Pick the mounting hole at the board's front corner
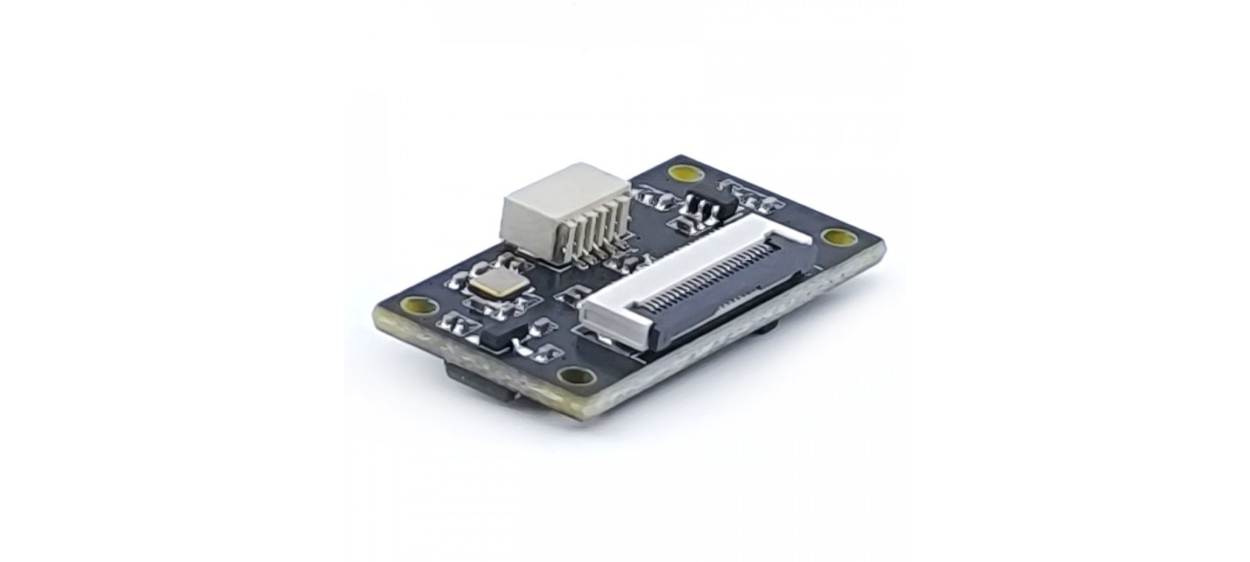pyautogui.click(x=576, y=377)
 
